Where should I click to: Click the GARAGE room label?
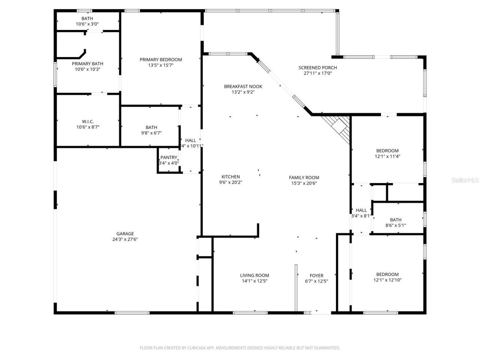tap(125, 234)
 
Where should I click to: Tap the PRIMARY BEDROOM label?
tap(160, 60)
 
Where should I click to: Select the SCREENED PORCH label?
tap(318, 68)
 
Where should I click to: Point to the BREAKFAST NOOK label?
tap(243, 87)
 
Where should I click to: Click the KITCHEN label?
tap(231, 177)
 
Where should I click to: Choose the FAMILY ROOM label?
tap(304, 178)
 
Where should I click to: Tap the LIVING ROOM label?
tap(254, 275)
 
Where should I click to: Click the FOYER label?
tap(316, 276)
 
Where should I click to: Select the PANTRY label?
tap(169, 157)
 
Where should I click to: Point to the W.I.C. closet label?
tap(88, 121)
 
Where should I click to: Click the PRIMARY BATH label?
tap(87, 64)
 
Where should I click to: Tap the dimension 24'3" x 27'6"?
tap(125, 239)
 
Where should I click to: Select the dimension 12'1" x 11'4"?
tap(387, 156)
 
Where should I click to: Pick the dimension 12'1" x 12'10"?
tap(387, 280)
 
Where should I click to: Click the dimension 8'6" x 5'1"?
tap(396, 225)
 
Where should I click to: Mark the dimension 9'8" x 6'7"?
tap(151, 133)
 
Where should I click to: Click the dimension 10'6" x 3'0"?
tap(87, 24)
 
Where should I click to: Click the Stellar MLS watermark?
tap(465, 180)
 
